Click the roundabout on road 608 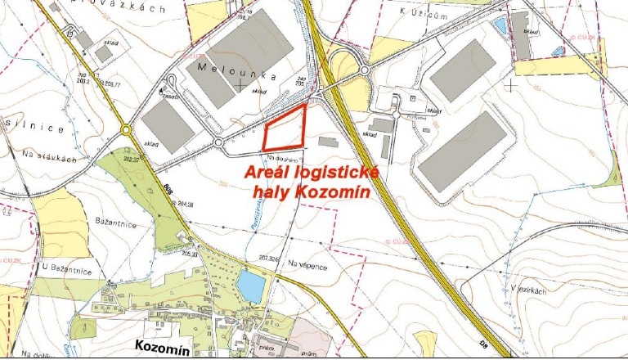(125, 130)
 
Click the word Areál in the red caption (268, 173)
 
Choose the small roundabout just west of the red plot (219, 143)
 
